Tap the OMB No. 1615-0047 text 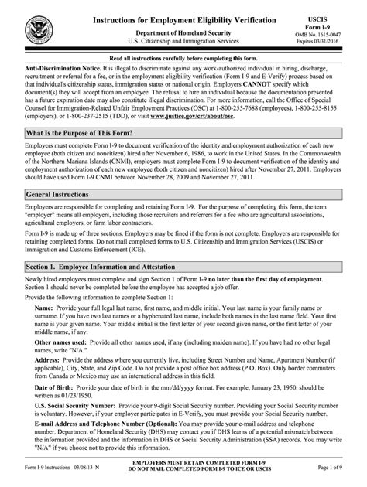[x=332, y=36]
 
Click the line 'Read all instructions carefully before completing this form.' [x=183, y=59]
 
